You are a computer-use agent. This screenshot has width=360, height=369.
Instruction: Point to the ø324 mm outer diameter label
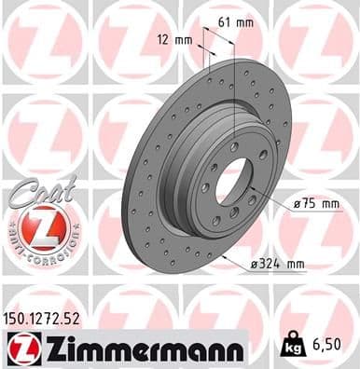coord(277,265)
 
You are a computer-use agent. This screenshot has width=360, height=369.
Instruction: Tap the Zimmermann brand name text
coord(140,348)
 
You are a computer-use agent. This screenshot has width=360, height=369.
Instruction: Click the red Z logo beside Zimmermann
coord(21,348)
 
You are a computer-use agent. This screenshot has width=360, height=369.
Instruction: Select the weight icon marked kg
coord(293,347)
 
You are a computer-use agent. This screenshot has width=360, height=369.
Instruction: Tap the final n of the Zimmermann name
coord(235,350)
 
